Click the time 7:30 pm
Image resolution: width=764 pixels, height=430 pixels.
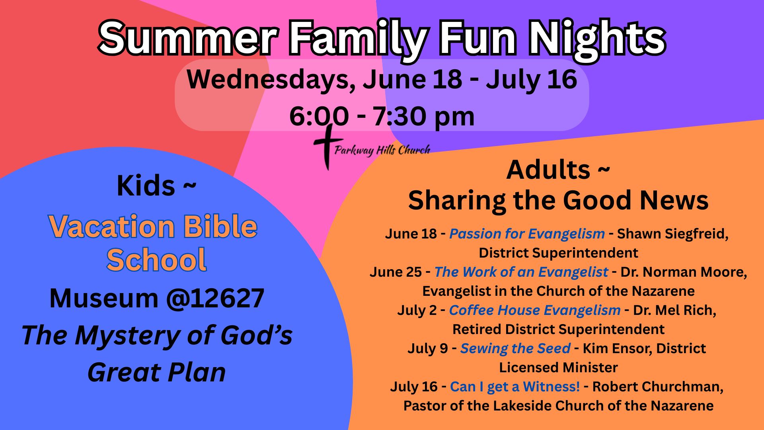click(423, 116)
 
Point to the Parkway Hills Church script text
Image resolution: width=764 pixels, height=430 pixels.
click(382, 150)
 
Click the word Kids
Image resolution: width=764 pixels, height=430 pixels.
click(146, 186)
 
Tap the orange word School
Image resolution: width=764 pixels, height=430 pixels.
click(156, 260)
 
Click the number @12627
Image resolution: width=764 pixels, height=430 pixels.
click(215, 298)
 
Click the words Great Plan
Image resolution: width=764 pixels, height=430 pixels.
click(157, 373)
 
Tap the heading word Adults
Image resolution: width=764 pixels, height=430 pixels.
click(548, 170)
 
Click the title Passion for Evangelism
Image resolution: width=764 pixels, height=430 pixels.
click(527, 234)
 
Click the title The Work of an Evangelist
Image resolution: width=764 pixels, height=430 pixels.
click(521, 272)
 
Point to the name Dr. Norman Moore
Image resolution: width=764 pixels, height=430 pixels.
click(683, 272)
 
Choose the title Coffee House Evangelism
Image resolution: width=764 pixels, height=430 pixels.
click(535, 310)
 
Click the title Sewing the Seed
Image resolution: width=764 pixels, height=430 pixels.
click(515, 348)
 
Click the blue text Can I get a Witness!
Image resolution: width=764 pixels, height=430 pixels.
click(515, 387)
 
